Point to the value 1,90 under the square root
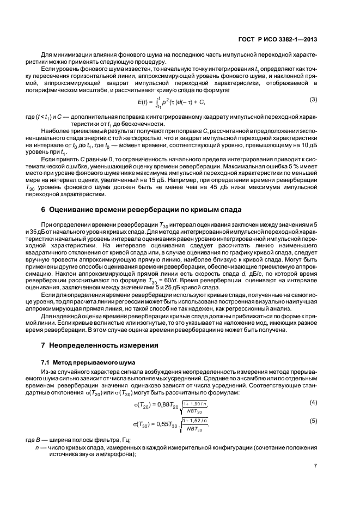click(x=196, y=400)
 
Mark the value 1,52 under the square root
click(x=197, y=420)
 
